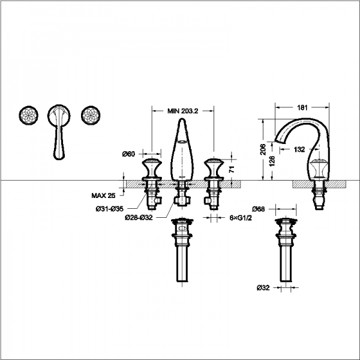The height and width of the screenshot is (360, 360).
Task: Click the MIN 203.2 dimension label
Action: coord(183,111)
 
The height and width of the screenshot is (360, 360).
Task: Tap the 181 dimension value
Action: coord(302,107)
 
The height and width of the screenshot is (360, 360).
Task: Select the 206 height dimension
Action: coord(263,149)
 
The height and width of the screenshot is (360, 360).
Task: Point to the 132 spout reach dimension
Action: coord(299,149)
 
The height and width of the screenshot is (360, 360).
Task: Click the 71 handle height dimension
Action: coord(232,169)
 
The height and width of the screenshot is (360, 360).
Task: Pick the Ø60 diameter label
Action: coord(128,154)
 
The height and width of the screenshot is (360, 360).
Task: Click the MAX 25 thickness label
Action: coord(103,196)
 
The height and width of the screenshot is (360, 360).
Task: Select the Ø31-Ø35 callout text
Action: coord(110,209)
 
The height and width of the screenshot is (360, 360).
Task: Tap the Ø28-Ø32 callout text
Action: coord(139,218)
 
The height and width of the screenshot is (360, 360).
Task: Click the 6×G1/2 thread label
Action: coord(241,218)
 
